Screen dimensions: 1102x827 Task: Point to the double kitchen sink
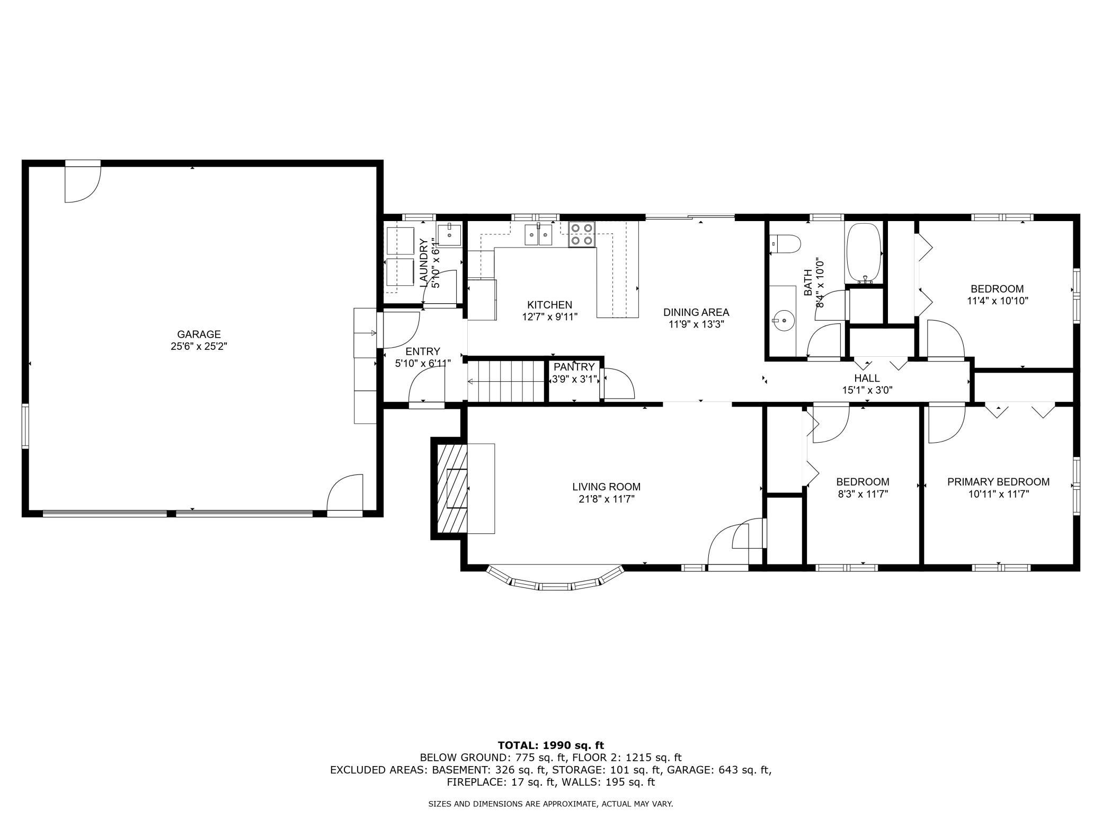[x=538, y=235]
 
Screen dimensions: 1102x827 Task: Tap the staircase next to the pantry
[x=506, y=381]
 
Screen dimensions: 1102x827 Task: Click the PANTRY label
[x=574, y=367]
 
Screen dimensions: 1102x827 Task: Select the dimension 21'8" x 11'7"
[x=606, y=499]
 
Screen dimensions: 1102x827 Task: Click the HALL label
[x=867, y=378]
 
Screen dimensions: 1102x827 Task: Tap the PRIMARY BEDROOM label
[x=998, y=482]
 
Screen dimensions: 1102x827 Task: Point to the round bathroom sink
[x=780, y=320]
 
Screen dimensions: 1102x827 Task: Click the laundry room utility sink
[x=449, y=235]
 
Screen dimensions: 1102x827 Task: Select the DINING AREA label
[x=696, y=312]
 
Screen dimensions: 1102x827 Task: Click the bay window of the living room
[x=555, y=578]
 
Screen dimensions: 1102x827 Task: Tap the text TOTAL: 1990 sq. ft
[x=551, y=746]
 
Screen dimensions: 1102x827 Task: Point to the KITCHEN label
[x=549, y=305]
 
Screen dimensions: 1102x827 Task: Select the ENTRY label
[x=423, y=351]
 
